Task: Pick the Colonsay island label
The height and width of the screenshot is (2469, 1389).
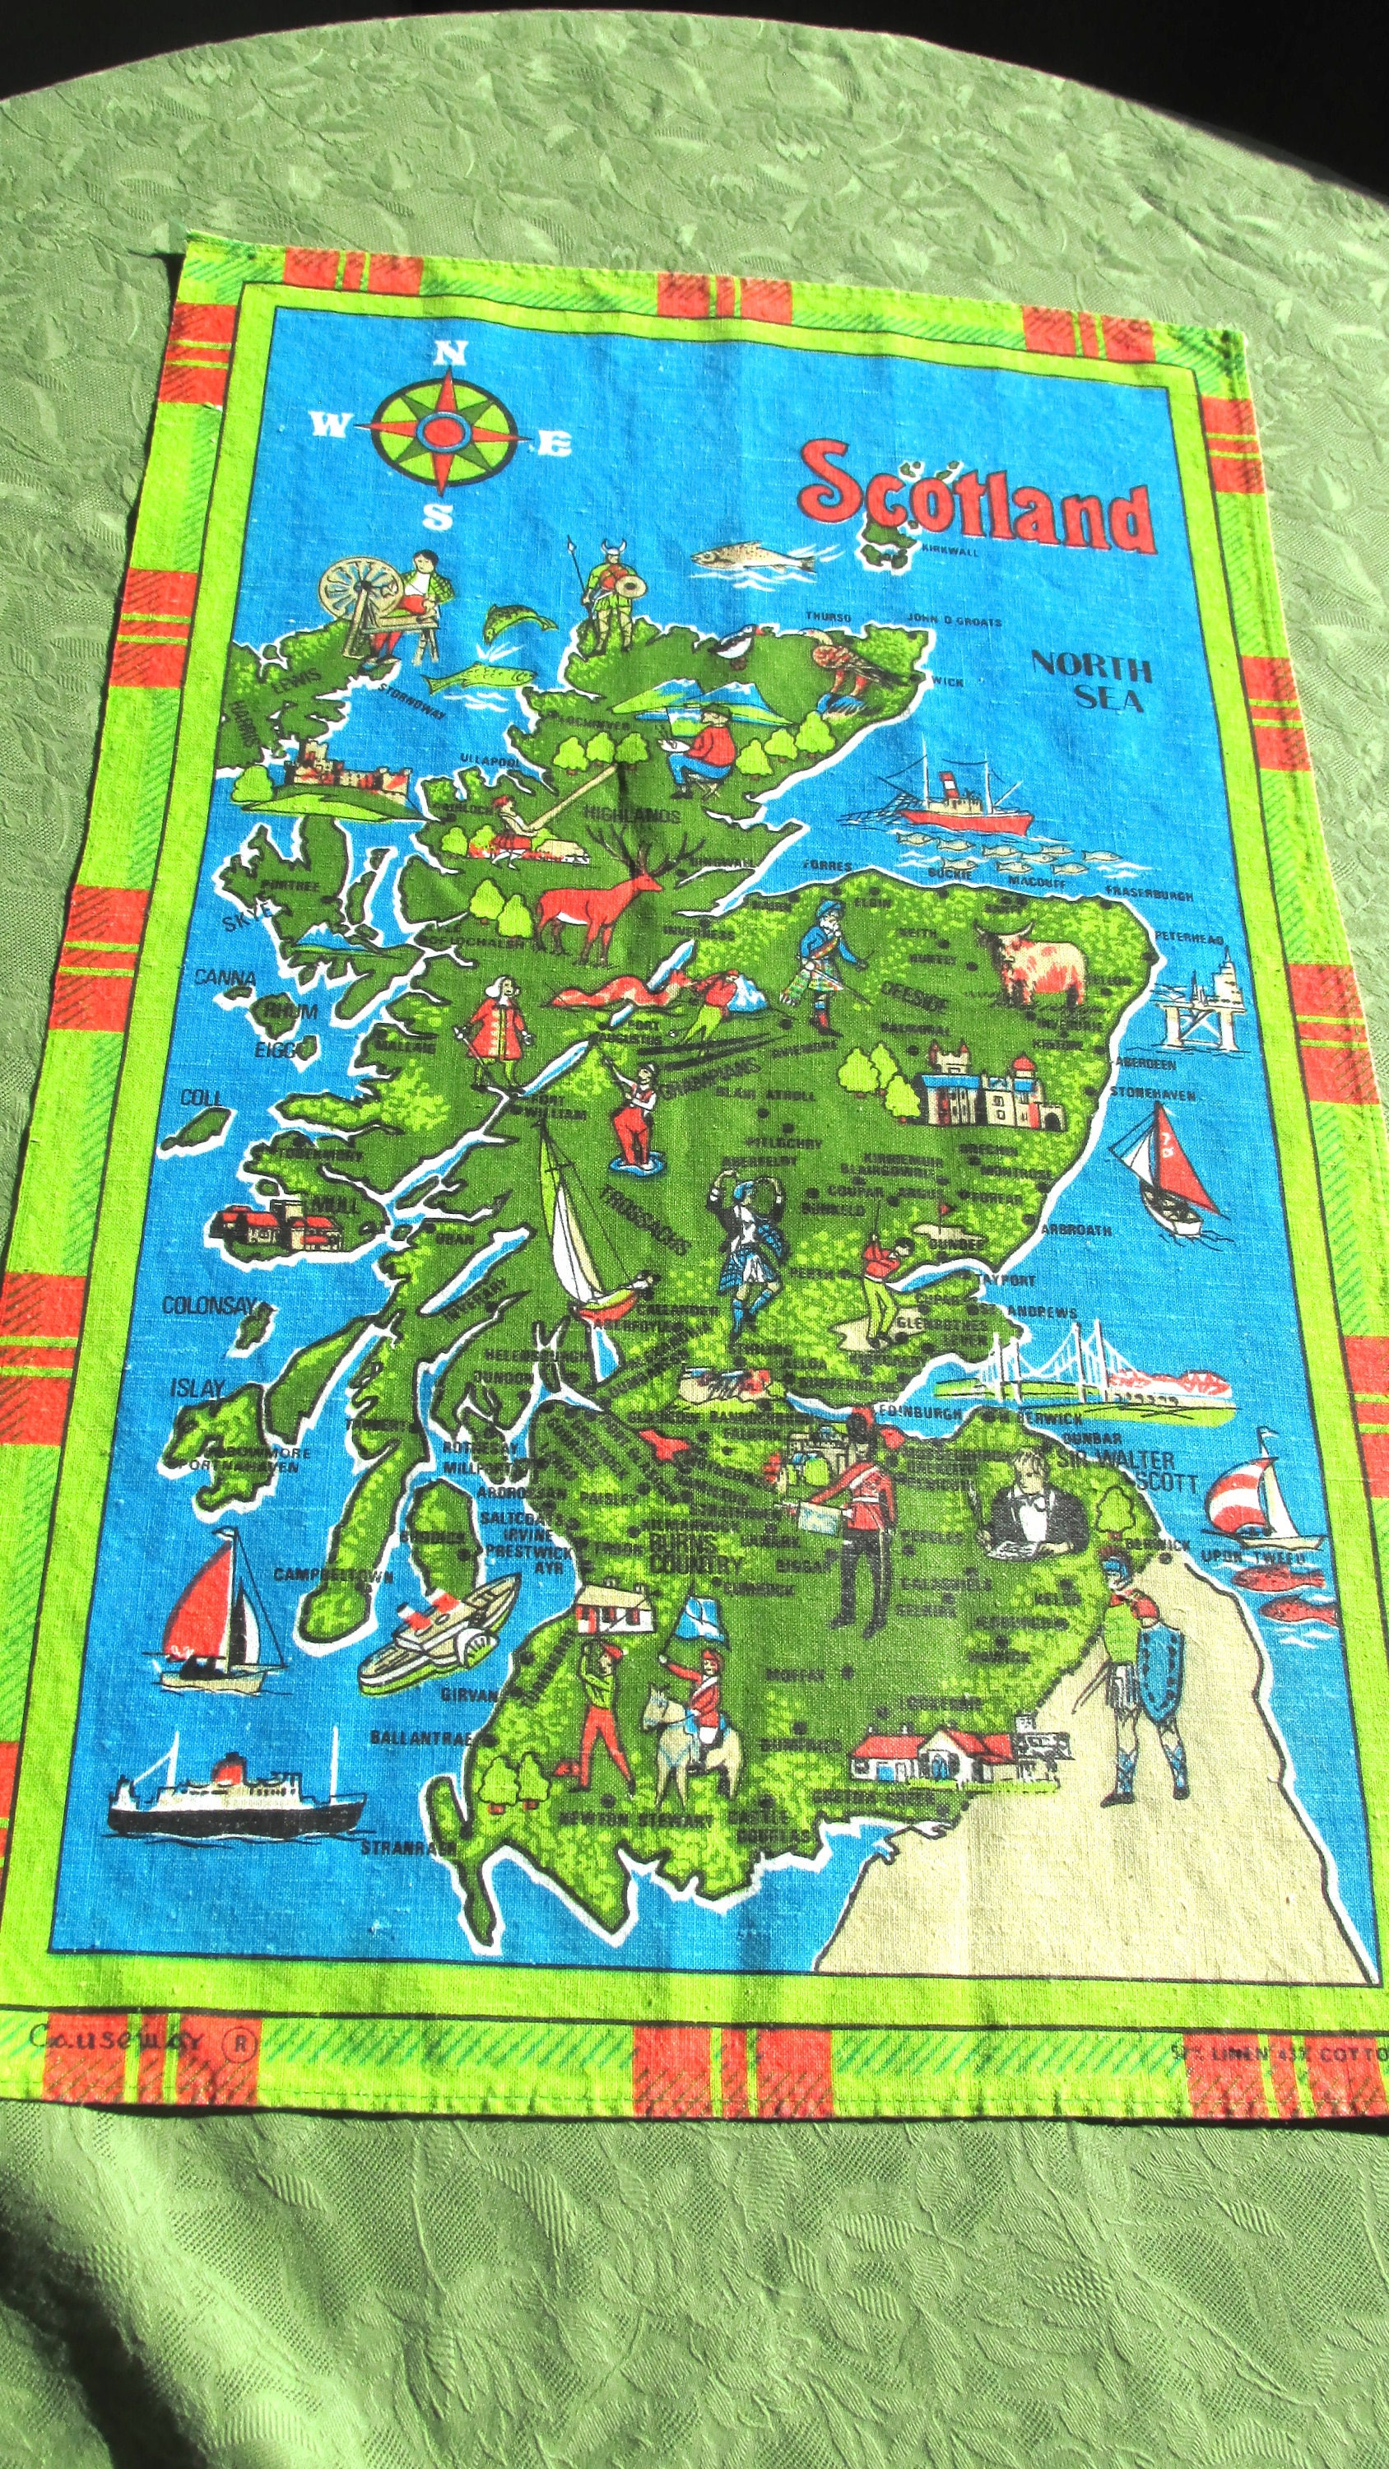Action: pos(208,1305)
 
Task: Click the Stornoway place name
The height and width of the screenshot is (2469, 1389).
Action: pos(411,700)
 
